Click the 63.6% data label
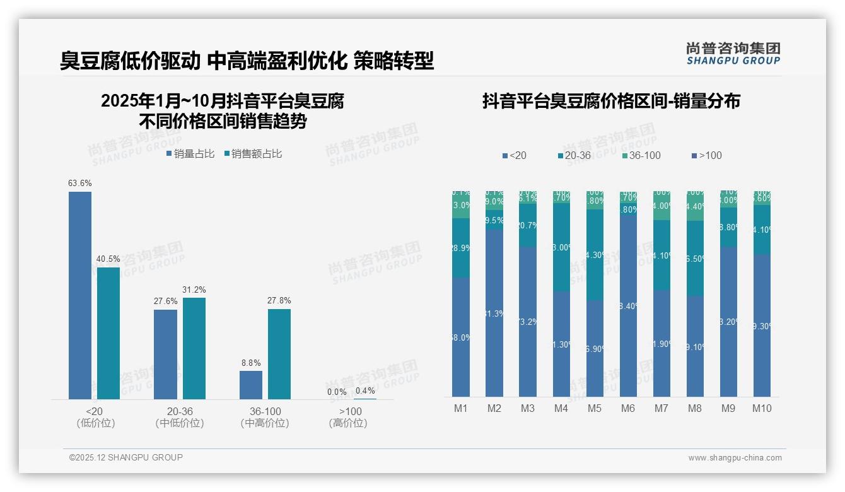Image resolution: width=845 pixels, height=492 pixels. coord(80,184)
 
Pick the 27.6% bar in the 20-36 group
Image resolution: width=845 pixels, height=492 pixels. coord(165,354)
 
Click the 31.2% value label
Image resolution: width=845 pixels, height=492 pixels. coord(194,290)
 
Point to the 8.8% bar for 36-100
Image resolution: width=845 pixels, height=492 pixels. coord(251,385)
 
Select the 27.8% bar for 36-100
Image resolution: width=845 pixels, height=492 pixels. coord(279,354)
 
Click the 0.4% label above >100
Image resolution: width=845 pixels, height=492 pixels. coord(365,391)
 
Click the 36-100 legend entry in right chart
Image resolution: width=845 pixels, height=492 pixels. coord(641,156)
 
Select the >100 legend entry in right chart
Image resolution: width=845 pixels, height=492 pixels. coord(706,156)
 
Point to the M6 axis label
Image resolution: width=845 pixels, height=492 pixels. coord(628,409)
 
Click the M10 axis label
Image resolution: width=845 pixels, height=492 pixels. coord(762,409)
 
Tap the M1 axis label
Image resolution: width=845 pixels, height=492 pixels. coord(461,409)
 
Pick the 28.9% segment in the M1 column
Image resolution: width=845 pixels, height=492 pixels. coord(461,249)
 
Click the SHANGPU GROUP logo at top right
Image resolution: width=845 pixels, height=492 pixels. coord(733,54)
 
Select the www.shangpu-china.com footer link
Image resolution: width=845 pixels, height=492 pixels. coord(735,458)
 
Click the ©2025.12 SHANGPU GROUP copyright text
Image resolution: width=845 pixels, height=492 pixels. coord(126,457)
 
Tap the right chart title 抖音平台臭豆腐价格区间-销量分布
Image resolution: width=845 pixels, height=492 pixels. coord(611,101)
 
